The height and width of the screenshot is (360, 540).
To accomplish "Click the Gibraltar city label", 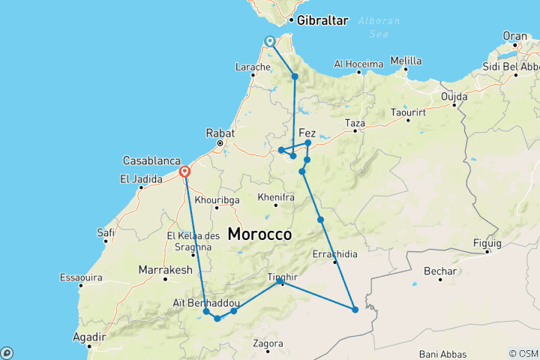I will pos(323,20).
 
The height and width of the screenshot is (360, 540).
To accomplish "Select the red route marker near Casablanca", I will pos(184,172).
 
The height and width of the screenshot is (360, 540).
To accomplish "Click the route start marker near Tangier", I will pos(269,42).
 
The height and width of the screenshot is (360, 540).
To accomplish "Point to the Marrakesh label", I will pos(166,269).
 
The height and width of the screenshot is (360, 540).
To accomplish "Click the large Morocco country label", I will pos(259,235).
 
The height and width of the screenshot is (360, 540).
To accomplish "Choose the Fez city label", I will pos(307,132).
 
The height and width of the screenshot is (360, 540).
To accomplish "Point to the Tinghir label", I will pos(283,277).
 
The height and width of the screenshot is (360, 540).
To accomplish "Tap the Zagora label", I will pos(268,343).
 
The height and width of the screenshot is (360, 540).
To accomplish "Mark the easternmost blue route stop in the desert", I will pos(355,309).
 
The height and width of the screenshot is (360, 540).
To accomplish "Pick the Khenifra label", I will pos(274,196).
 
